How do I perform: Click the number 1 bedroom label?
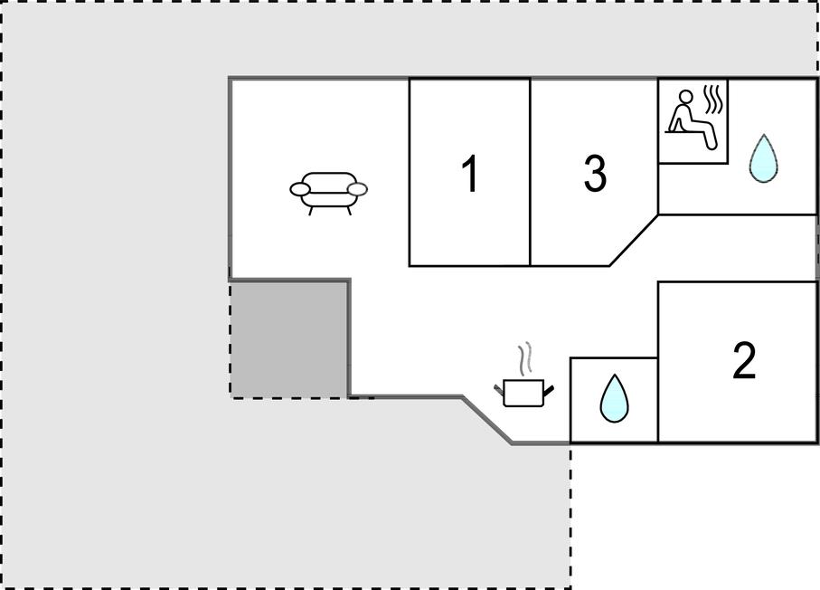tap(470, 173)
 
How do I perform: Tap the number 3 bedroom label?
tap(595, 173)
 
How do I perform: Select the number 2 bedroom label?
tap(744, 361)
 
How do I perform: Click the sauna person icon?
tap(691, 119)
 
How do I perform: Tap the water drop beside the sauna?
tap(764, 158)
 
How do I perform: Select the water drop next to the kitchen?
tap(614, 398)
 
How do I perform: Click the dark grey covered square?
tap(288, 339)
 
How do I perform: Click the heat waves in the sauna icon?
tap(712, 100)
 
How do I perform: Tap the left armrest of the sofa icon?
tap(300, 189)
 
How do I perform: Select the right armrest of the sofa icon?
tap(358, 189)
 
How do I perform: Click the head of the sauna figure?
tap(685, 98)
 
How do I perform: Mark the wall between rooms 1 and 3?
tap(531, 172)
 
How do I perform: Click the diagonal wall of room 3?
tap(634, 241)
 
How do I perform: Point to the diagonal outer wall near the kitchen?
tap(487, 420)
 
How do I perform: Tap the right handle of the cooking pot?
tap(549, 390)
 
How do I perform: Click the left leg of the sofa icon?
tap(311, 211)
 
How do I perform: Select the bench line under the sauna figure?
tap(686, 132)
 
